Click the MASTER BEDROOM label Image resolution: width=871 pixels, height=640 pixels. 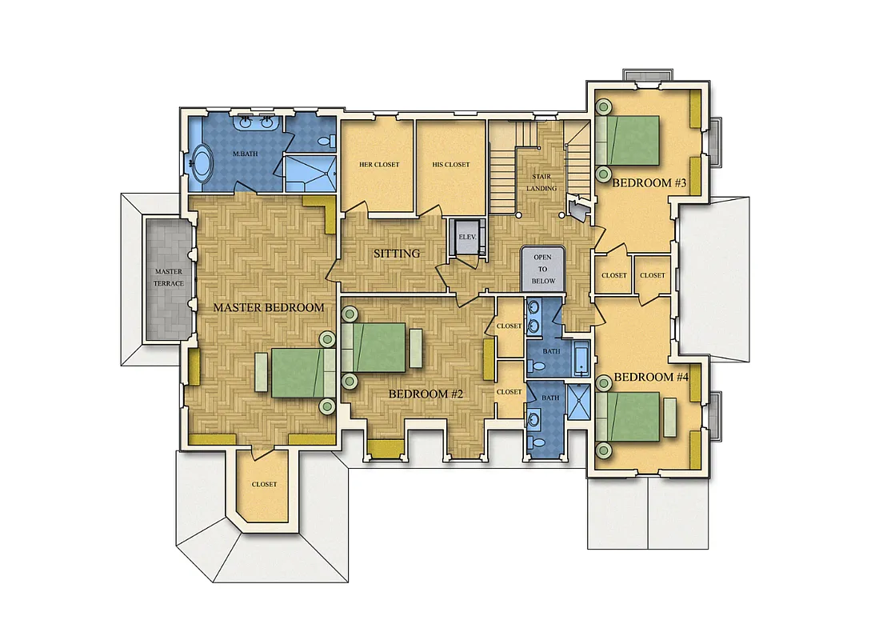(268, 307)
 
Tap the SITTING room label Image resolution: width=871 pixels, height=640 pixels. (397, 254)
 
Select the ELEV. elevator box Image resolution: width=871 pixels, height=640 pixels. (465, 238)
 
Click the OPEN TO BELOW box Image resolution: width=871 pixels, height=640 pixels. (543, 269)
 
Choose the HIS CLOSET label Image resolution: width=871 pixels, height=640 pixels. (451, 165)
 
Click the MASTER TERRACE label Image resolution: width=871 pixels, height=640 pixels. (169, 278)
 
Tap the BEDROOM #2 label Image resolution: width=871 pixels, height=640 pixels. (426, 394)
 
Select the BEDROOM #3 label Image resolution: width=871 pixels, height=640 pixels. (649, 183)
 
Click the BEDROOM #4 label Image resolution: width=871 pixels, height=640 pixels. (650, 377)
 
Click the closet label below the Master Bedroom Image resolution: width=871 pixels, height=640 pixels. (264, 484)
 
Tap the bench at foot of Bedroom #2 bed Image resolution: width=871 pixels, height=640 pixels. (416, 347)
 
